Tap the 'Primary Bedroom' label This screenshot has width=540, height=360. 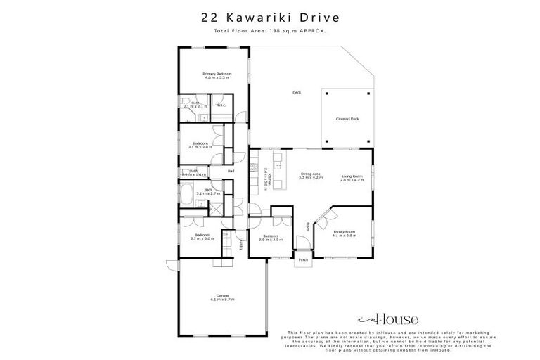pyautogui.click(x=217, y=74)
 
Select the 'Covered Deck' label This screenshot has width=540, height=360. pyautogui.click(x=347, y=119)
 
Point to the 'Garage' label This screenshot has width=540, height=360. pyautogui.click(x=222, y=296)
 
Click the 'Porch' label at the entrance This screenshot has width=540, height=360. pyautogui.click(x=304, y=259)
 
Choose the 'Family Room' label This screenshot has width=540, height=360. pyautogui.click(x=345, y=231)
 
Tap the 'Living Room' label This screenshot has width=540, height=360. pyautogui.click(x=352, y=176)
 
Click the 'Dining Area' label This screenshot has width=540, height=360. pyautogui.click(x=311, y=174)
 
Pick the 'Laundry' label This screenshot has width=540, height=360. pyautogui.click(x=240, y=243)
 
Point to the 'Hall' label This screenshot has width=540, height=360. pyautogui.click(x=231, y=171)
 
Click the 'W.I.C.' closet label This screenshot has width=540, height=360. pyautogui.click(x=221, y=106)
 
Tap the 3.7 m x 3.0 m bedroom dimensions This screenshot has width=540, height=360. pyautogui.click(x=202, y=239)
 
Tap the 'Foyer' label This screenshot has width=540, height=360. pyautogui.click(x=308, y=226)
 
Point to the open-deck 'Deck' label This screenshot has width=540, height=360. pyautogui.click(x=297, y=92)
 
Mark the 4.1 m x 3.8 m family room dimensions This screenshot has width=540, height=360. pyautogui.click(x=345, y=235)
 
